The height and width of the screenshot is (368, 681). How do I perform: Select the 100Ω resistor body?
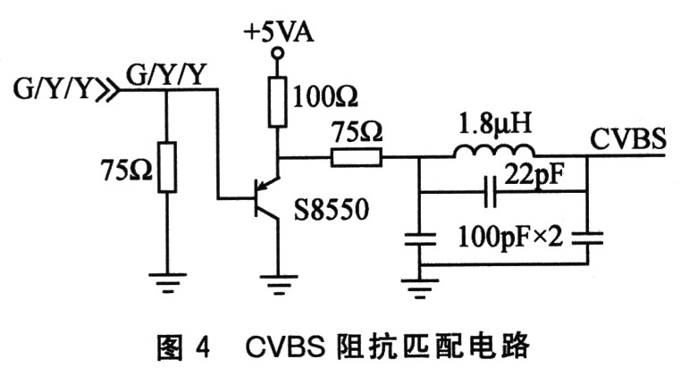277,101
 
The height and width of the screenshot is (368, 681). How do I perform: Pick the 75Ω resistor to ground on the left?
167,166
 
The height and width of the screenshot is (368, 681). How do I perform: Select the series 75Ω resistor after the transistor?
357,159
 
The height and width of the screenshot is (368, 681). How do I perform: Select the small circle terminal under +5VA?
277,56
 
